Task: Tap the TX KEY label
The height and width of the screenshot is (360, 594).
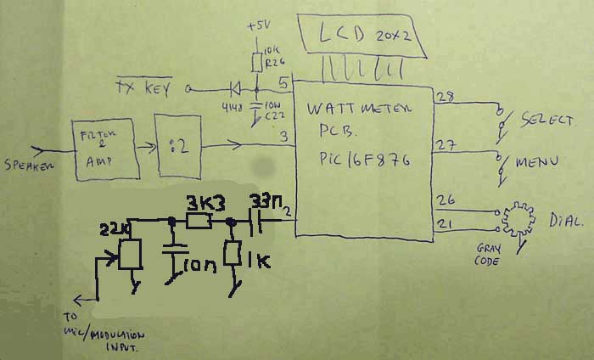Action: (144, 87)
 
